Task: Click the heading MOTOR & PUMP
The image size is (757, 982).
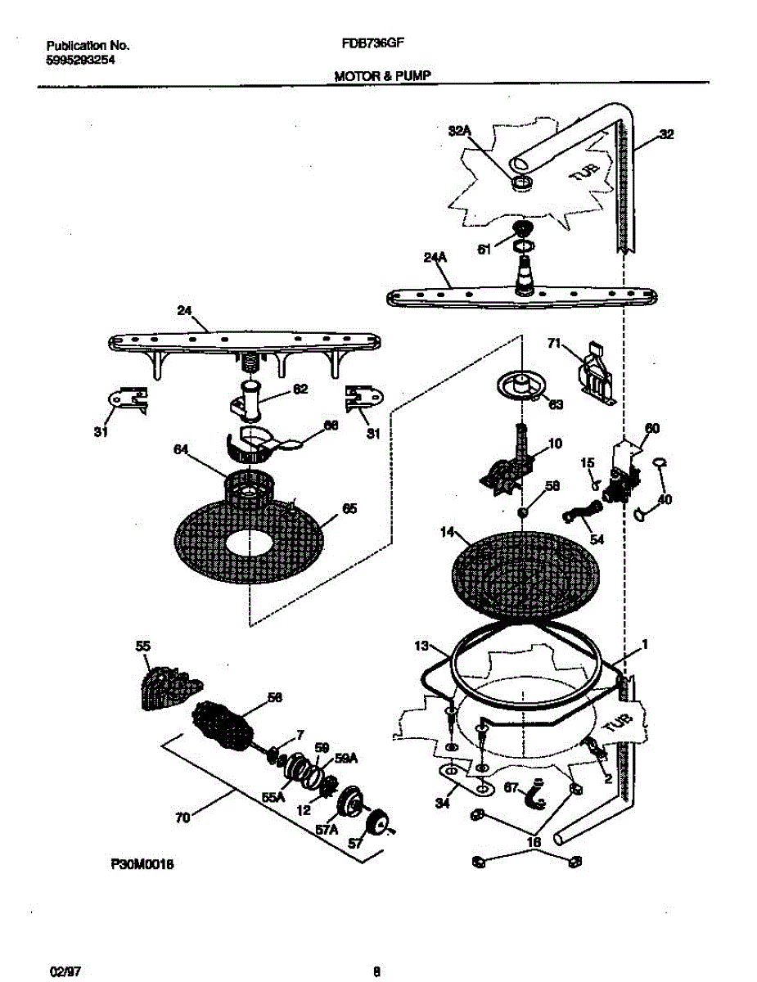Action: [x=382, y=75]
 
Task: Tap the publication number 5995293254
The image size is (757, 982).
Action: [x=74, y=60]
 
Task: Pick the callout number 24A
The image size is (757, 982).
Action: [x=436, y=257]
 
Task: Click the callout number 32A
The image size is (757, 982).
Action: [x=461, y=130]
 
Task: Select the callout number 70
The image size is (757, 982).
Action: [x=183, y=816]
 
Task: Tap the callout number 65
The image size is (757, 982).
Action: [x=349, y=509]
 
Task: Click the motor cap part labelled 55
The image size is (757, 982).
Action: [x=167, y=682]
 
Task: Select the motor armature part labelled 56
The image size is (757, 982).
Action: [x=224, y=723]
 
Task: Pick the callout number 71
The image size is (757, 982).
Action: [x=554, y=345]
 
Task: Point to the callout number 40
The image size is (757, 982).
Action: [x=665, y=498]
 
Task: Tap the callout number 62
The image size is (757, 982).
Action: [x=300, y=390]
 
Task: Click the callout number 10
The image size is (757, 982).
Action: [x=555, y=444]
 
